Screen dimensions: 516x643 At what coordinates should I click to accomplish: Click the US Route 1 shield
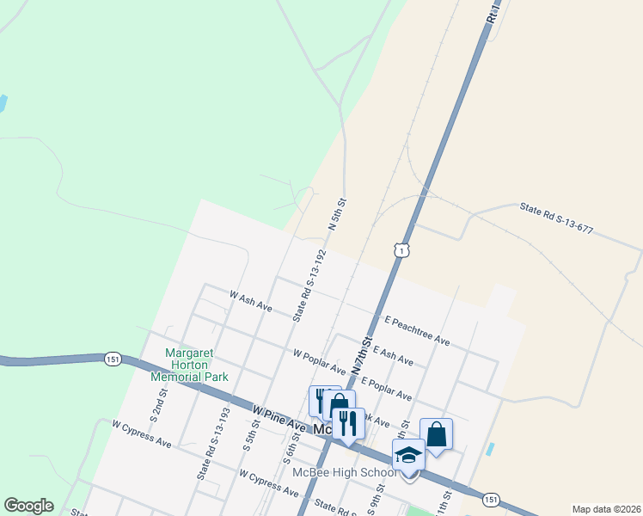(x=402, y=249)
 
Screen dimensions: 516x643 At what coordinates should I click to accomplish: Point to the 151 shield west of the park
(x=113, y=358)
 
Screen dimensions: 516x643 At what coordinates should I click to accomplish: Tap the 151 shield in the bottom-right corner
(x=490, y=499)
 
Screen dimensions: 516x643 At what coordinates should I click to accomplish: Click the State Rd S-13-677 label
(x=556, y=219)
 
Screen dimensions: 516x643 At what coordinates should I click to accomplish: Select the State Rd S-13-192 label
(x=309, y=286)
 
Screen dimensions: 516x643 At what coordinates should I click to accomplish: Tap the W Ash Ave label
(x=250, y=301)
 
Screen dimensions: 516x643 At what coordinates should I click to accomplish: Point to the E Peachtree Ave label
(x=418, y=329)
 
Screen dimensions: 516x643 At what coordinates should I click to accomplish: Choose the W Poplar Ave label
(x=319, y=361)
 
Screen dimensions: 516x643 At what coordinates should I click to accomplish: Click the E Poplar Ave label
(x=387, y=388)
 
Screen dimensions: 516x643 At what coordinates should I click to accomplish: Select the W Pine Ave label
(x=279, y=418)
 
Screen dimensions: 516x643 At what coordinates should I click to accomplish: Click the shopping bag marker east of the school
(x=436, y=434)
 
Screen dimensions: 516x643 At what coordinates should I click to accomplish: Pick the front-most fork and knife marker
(x=347, y=423)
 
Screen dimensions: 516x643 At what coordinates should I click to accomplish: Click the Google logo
(x=28, y=506)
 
